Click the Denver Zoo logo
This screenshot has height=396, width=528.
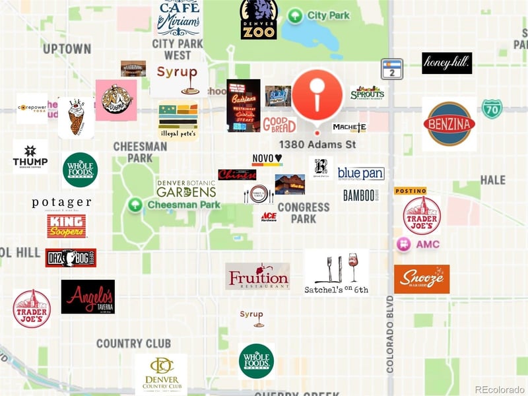pos(258,19)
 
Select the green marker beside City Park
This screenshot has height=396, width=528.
pos(295,15)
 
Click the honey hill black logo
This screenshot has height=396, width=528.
pos(447,63)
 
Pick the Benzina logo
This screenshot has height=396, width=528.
pos(449,123)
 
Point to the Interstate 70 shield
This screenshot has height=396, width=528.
pos(491,109)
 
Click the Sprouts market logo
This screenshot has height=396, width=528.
pos(367,93)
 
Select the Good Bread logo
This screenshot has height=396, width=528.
pos(279,124)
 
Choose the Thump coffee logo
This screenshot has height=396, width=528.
pos(30,156)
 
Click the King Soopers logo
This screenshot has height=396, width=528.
pos(66,226)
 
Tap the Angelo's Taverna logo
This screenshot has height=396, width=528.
pos(88,296)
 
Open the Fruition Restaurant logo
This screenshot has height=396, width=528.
pos(257,277)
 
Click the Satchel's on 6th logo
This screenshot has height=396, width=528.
pos(337,271)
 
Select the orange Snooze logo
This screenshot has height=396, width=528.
pos(422,279)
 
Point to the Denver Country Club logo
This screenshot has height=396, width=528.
pos(161,374)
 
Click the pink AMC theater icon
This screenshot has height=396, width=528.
pos(403,244)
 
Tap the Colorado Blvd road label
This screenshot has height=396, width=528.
pos(390,333)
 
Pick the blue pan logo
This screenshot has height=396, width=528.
pos(360,173)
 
